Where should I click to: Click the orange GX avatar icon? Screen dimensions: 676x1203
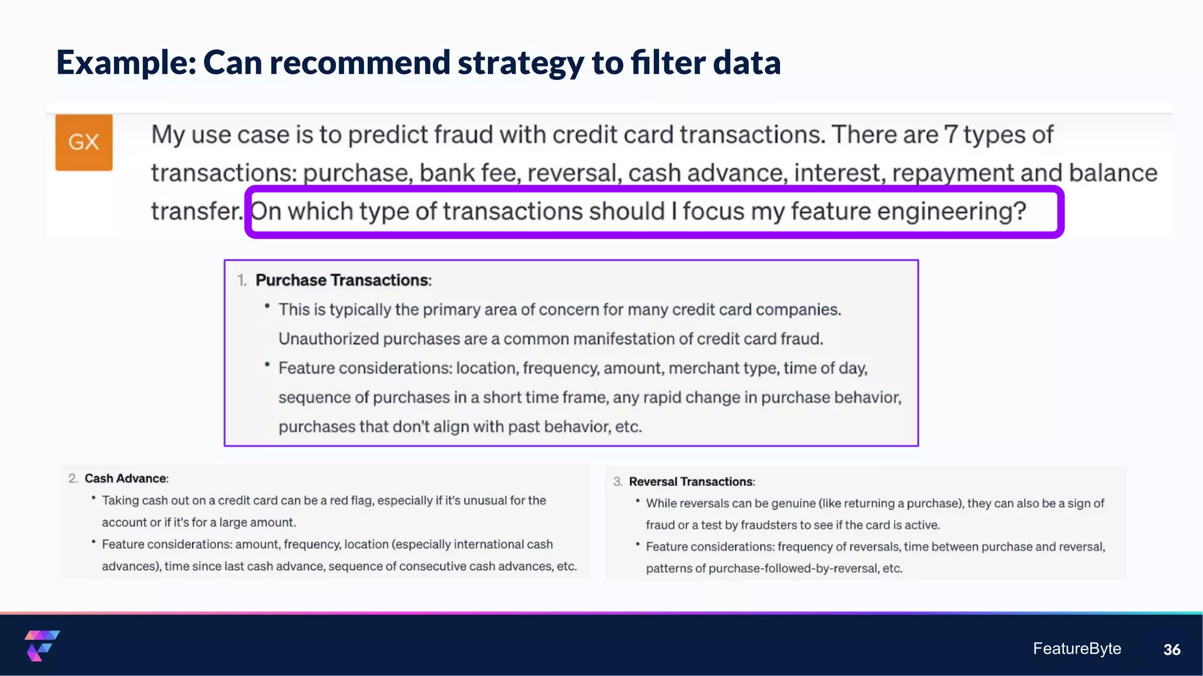coord(84,143)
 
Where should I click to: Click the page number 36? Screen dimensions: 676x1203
coord(1171,650)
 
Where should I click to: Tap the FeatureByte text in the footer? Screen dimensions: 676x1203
coord(1077,648)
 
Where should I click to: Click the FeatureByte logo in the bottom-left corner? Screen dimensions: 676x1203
coord(42,645)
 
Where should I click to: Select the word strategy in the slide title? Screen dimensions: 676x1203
coord(520,63)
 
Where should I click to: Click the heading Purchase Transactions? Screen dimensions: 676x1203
coord(342,280)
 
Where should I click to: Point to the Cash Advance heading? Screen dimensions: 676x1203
coord(126,478)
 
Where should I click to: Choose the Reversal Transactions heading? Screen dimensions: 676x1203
coord(691,482)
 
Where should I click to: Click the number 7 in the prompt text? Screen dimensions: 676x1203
coord(950,135)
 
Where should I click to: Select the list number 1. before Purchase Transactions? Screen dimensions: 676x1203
coord(242,280)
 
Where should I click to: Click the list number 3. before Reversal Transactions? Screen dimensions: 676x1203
coord(617,482)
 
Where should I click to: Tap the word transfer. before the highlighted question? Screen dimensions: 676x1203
coord(197,211)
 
